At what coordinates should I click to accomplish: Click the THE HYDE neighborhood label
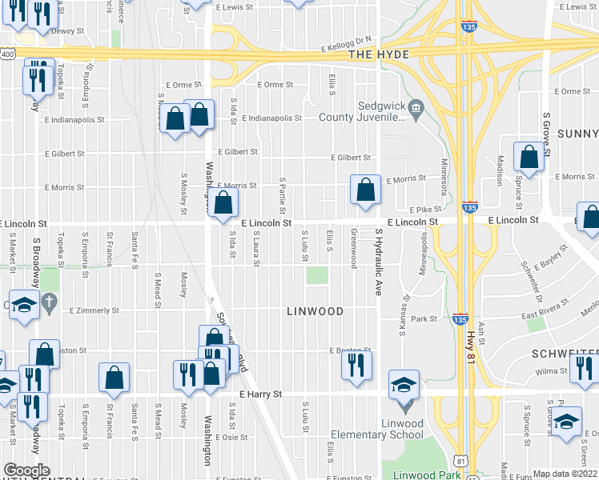click(379, 54)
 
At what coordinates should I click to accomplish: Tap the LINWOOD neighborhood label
click(315, 311)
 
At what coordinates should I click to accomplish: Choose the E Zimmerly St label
click(94, 310)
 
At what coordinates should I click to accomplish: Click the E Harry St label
click(260, 394)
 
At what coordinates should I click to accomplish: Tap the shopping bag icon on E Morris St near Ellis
click(365, 192)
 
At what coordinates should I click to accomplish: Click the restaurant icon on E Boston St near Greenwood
click(356, 366)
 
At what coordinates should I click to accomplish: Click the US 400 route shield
click(7, 54)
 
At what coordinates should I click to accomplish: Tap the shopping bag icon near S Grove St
click(529, 158)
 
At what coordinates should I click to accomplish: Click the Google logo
click(26, 470)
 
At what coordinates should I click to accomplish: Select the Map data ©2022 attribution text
click(565, 474)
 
